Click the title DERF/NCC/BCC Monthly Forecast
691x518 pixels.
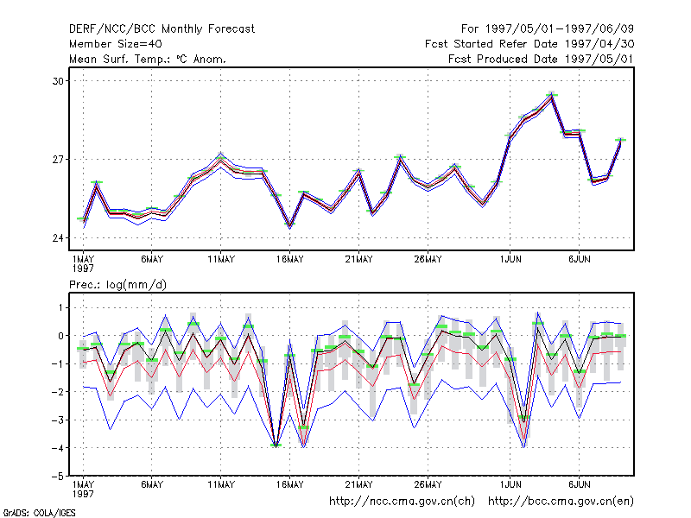click(x=162, y=29)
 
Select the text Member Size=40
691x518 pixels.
click(x=116, y=44)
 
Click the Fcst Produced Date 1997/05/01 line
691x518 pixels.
click(x=542, y=59)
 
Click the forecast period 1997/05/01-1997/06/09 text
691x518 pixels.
click(x=560, y=29)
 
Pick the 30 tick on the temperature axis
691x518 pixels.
click(x=58, y=81)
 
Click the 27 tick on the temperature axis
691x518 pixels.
click(x=58, y=160)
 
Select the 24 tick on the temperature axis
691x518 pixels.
click(x=58, y=238)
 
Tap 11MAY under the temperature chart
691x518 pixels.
click(x=221, y=260)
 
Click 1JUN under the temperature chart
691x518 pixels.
click(x=510, y=260)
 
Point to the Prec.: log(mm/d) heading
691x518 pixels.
click(x=117, y=285)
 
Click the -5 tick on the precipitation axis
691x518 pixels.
click(x=58, y=477)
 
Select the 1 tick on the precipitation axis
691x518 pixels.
click(x=60, y=307)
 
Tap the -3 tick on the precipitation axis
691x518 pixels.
click(x=58, y=420)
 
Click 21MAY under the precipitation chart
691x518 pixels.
click(x=358, y=484)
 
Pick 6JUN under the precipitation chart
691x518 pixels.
click(x=579, y=484)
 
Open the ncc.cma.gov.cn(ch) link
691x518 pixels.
click(x=402, y=502)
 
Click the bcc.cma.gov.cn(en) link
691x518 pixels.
click(x=561, y=502)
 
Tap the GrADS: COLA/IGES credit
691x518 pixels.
click(x=39, y=513)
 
